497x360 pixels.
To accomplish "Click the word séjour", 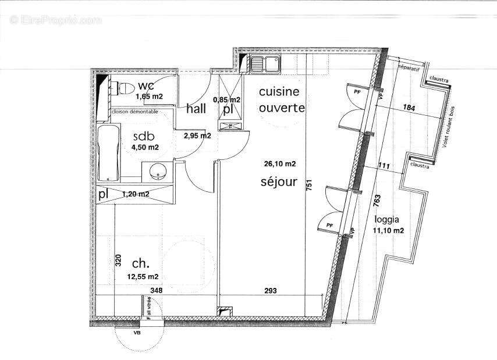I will (279, 182).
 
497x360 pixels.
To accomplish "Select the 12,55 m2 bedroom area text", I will (143, 276).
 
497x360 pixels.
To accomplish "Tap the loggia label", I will (387, 220).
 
